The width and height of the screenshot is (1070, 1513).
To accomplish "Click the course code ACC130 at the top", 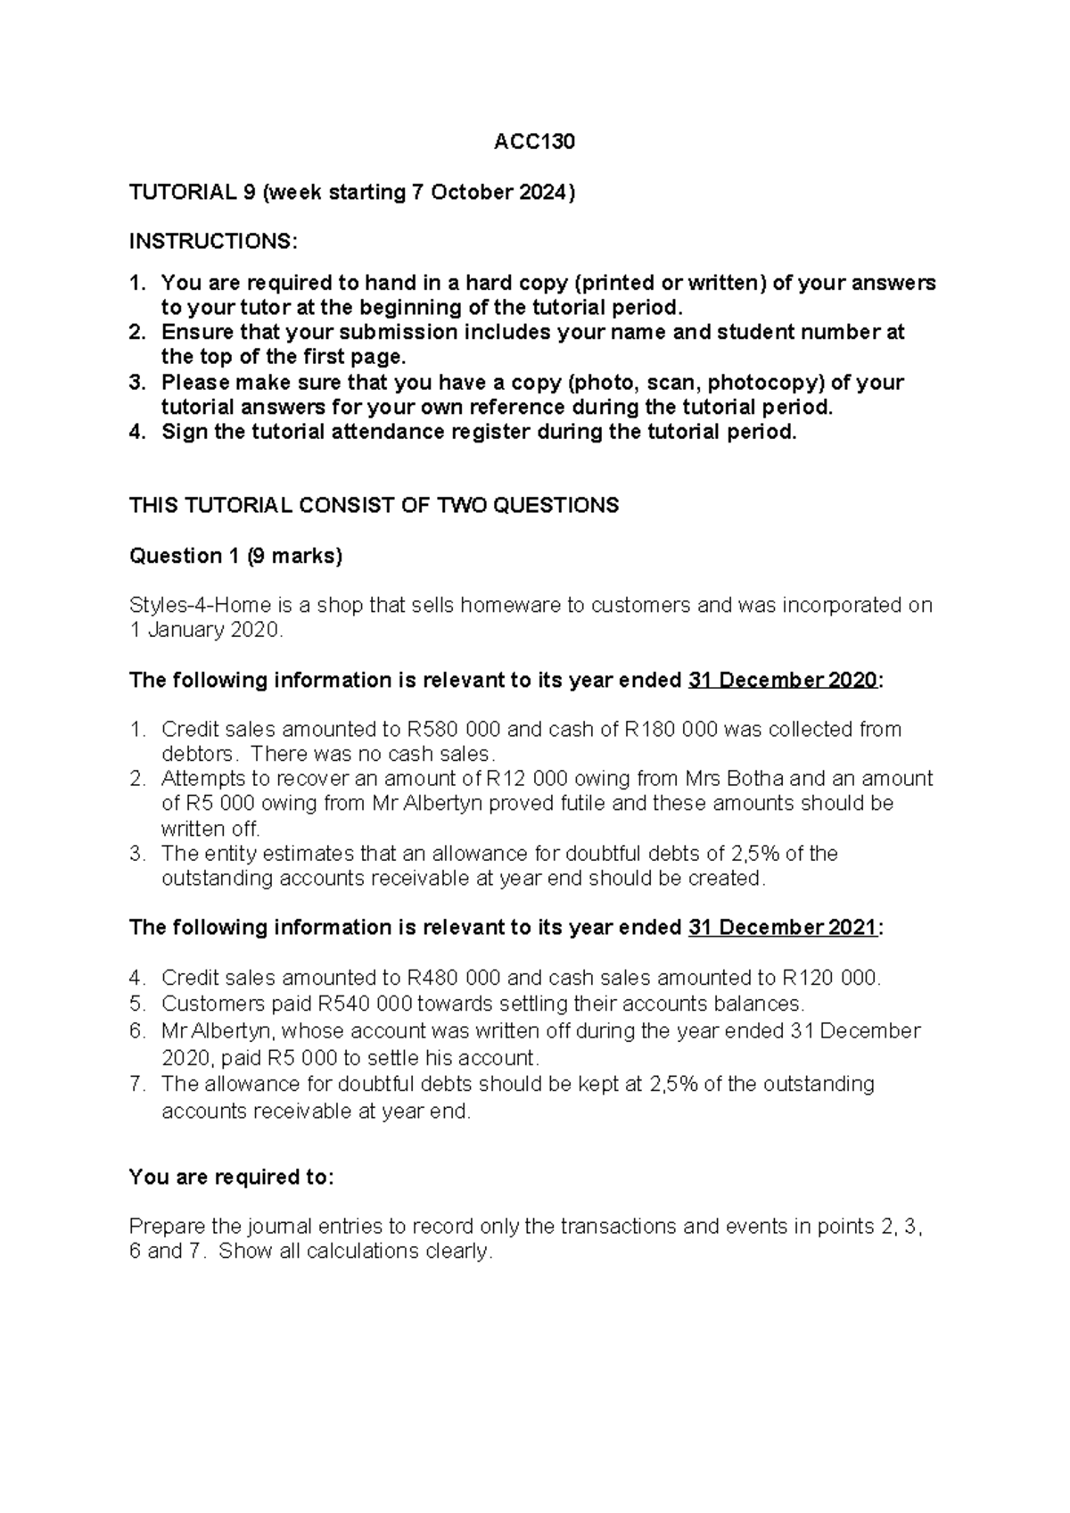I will [x=534, y=143].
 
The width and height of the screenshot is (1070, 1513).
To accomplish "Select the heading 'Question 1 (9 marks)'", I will [x=235, y=556].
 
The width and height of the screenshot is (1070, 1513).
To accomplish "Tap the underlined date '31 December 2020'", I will [x=783, y=681].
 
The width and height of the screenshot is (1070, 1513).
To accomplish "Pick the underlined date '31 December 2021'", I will [x=783, y=928].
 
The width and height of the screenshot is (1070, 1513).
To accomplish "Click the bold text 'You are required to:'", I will [x=231, y=1178].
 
